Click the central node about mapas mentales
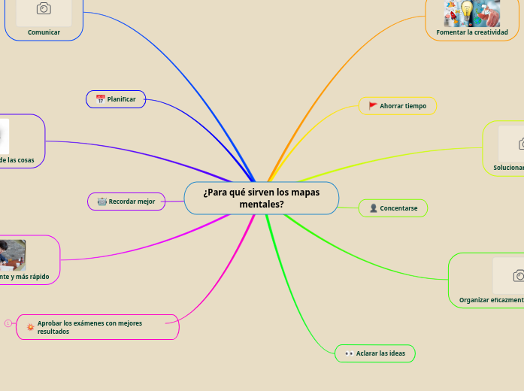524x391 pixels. click(x=261, y=198)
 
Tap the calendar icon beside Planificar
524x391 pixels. click(x=101, y=99)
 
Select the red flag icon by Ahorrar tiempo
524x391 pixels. click(x=373, y=106)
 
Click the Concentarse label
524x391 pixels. click(x=398, y=208)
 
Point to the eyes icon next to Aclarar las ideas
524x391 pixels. click(x=349, y=353)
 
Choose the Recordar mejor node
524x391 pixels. click(x=126, y=202)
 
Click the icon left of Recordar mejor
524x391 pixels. click(x=101, y=202)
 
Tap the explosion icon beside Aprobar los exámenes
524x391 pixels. click(x=30, y=327)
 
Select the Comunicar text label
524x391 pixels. click(x=44, y=32)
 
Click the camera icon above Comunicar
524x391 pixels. click(x=44, y=8)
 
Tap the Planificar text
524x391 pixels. click(x=122, y=99)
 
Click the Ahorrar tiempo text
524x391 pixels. click(x=403, y=106)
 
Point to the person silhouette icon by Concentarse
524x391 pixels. click(x=374, y=208)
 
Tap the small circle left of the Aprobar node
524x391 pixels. click(x=8, y=323)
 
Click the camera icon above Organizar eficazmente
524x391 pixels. click(x=519, y=276)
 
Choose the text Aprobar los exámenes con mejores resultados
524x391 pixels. click(x=89, y=327)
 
